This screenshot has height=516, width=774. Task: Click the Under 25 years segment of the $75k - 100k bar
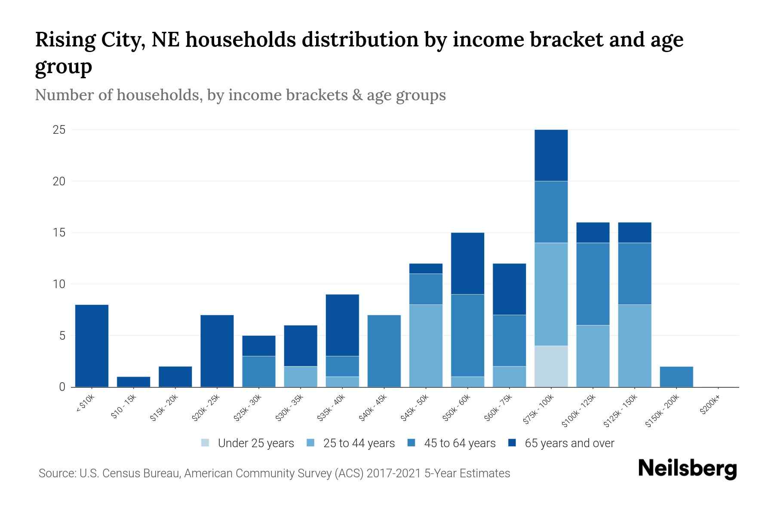(x=551, y=366)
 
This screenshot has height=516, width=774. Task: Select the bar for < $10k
(x=92, y=346)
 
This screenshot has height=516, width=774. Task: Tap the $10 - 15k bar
(x=133, y=382)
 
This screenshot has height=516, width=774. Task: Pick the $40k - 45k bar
(x=384, y=351)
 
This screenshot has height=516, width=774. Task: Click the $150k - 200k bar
(x=676, y=377)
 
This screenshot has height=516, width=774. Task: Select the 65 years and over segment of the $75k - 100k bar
(x=551, y=155)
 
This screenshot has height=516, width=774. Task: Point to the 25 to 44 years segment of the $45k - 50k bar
(x=426, y=346)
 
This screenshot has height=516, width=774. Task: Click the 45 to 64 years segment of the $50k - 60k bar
(x=467, y=335)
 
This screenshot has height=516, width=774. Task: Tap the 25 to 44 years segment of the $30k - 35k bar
(x=301, y=377)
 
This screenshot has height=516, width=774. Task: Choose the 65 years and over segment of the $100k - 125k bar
(x=593, y=233)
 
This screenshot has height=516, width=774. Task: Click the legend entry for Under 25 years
(x=256, y=443)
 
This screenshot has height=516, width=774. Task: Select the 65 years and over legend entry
(x=569, y=443)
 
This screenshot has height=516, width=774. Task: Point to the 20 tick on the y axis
(x=59, y=181)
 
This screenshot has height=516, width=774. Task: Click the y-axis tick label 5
(x=62, y=336)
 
